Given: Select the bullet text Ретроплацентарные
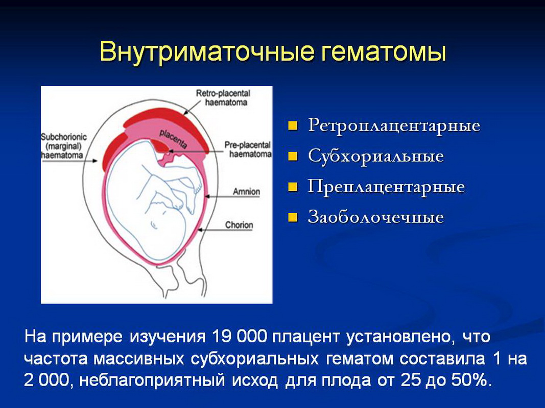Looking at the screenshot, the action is (394, 126).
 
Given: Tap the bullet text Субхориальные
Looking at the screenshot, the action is (376, 157).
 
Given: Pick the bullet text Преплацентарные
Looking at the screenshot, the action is (386, 187).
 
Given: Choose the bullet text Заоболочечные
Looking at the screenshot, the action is (376, 217).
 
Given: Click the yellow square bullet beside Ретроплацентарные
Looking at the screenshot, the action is (293, 125).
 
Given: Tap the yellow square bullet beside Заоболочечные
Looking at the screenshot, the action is (293, 218).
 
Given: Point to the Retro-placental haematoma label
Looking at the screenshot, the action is (223, 97).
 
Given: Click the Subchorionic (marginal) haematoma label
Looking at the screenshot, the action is (63, 146).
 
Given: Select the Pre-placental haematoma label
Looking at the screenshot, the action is (248, 149).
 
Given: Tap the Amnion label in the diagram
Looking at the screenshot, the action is (246, 192).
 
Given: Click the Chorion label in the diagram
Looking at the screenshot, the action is (239, 225).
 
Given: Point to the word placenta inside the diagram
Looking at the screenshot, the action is (174, 139).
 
